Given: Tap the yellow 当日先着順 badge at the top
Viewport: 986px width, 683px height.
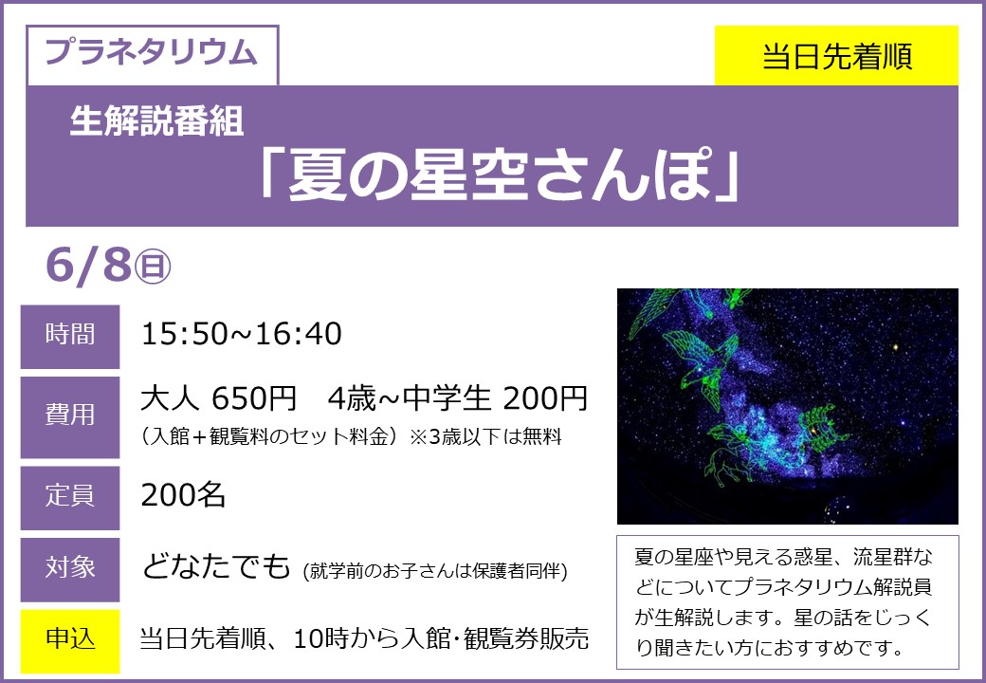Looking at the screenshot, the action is point(836,55).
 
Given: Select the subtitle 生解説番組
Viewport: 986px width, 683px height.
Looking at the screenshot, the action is point(156,120).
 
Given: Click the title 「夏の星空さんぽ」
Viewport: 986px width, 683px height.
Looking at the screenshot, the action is point(500,175).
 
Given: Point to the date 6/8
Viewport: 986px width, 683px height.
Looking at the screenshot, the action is point(89,265).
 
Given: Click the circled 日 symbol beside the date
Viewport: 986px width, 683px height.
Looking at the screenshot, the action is point(153,267).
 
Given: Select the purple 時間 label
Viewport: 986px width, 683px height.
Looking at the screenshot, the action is point(70,337).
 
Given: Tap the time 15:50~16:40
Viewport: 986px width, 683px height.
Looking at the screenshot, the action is point(242,334).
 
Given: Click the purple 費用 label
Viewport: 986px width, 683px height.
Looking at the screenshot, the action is point(70,417).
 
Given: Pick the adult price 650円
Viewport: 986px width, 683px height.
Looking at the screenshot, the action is point(254,398).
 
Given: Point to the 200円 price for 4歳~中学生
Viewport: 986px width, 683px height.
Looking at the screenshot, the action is point(545,398).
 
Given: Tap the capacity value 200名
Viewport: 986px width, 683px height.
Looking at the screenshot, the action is point(183,495).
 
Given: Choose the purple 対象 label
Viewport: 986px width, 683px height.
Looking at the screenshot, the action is point(70,569).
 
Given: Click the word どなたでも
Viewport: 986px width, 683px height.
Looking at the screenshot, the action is point(216,566).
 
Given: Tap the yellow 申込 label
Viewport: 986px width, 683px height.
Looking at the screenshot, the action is point(70,641).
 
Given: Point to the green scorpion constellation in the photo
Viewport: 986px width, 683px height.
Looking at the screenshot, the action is point(823,427).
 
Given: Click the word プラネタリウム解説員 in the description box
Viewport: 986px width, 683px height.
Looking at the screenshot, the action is point(832,587).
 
